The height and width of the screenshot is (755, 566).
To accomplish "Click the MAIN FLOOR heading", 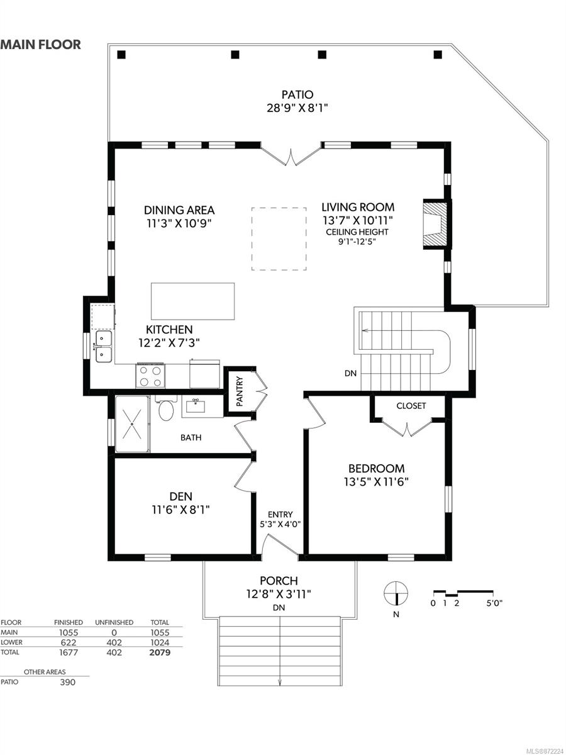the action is coord(40,45).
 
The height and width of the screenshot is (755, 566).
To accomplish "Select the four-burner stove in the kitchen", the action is coord(150,376).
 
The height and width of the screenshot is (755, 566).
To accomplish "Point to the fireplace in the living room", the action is coord(435,224).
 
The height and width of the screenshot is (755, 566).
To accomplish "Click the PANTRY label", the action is coord(240,391).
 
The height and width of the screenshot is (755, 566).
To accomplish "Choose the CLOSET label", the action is coord(411,406).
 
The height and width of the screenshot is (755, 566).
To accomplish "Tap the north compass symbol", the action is coord(396,593).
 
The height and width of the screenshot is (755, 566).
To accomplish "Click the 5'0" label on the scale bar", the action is coord(494,603).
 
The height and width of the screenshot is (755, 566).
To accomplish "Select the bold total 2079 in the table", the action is coord(160,652).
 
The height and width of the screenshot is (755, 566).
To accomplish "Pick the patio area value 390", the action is coord(67,682).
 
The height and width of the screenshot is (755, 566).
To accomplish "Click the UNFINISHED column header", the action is coord(114,623).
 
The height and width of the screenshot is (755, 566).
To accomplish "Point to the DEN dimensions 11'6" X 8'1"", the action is coord(180,510).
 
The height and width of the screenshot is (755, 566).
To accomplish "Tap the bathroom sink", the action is coord(196,406).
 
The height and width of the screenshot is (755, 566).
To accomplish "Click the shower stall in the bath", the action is coord(132,424).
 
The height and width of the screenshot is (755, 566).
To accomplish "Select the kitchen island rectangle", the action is coord(193,301).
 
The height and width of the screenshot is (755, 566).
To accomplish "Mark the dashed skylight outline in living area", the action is coord(279,238).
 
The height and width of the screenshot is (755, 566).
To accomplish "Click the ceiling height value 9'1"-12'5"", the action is coord(357,242).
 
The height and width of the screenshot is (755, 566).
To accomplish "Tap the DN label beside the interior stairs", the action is coord(350,373).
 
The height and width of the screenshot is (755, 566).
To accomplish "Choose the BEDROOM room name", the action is coord(376,469).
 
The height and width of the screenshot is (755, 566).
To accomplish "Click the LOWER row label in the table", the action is coord(11,642).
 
